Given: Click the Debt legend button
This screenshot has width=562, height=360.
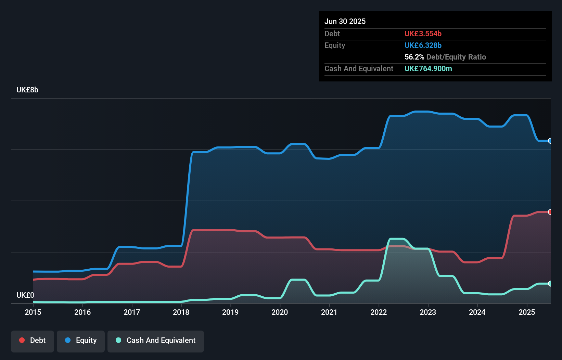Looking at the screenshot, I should [x=33, y=340].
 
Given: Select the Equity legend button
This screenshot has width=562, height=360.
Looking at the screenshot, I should [x=81, y=340].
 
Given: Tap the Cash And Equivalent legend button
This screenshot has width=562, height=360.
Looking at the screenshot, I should [x=156, y=340].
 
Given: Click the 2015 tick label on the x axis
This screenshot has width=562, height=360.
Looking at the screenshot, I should [x=33, y=312].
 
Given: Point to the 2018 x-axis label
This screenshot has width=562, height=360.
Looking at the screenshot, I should [x=181, y=312].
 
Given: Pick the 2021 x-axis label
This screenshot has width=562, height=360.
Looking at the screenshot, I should [x=329, y=312].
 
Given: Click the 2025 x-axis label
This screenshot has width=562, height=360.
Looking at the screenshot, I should [x=526, y=312].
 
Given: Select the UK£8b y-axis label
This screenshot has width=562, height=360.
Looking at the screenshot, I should [x=27, y=90].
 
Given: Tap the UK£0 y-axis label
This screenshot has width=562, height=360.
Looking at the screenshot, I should [x=25, y=295].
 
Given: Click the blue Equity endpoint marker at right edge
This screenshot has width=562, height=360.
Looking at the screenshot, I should [x=550, y=141].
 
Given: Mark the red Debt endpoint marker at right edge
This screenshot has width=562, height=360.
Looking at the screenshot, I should [x=550, y=212].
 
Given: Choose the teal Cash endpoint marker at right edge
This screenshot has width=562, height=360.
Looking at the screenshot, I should [x=550, y=284].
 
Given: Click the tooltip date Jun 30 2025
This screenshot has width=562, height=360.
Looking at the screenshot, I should [x=345, y=22].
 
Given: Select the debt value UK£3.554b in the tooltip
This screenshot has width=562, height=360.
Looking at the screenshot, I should [x=423, y=34].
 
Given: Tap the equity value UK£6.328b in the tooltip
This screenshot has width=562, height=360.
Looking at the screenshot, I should [x=423, y=46].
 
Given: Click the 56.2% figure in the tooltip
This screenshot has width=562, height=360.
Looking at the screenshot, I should [x=414, y=57].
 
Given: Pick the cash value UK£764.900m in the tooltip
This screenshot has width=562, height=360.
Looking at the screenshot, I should [x=428, y=69].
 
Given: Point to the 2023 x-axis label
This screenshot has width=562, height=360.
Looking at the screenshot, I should [x=428, y=312].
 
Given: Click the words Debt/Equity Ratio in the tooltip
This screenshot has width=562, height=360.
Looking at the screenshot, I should [x=456, y=57].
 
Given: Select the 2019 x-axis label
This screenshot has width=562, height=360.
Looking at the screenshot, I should [x=230, y=312].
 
